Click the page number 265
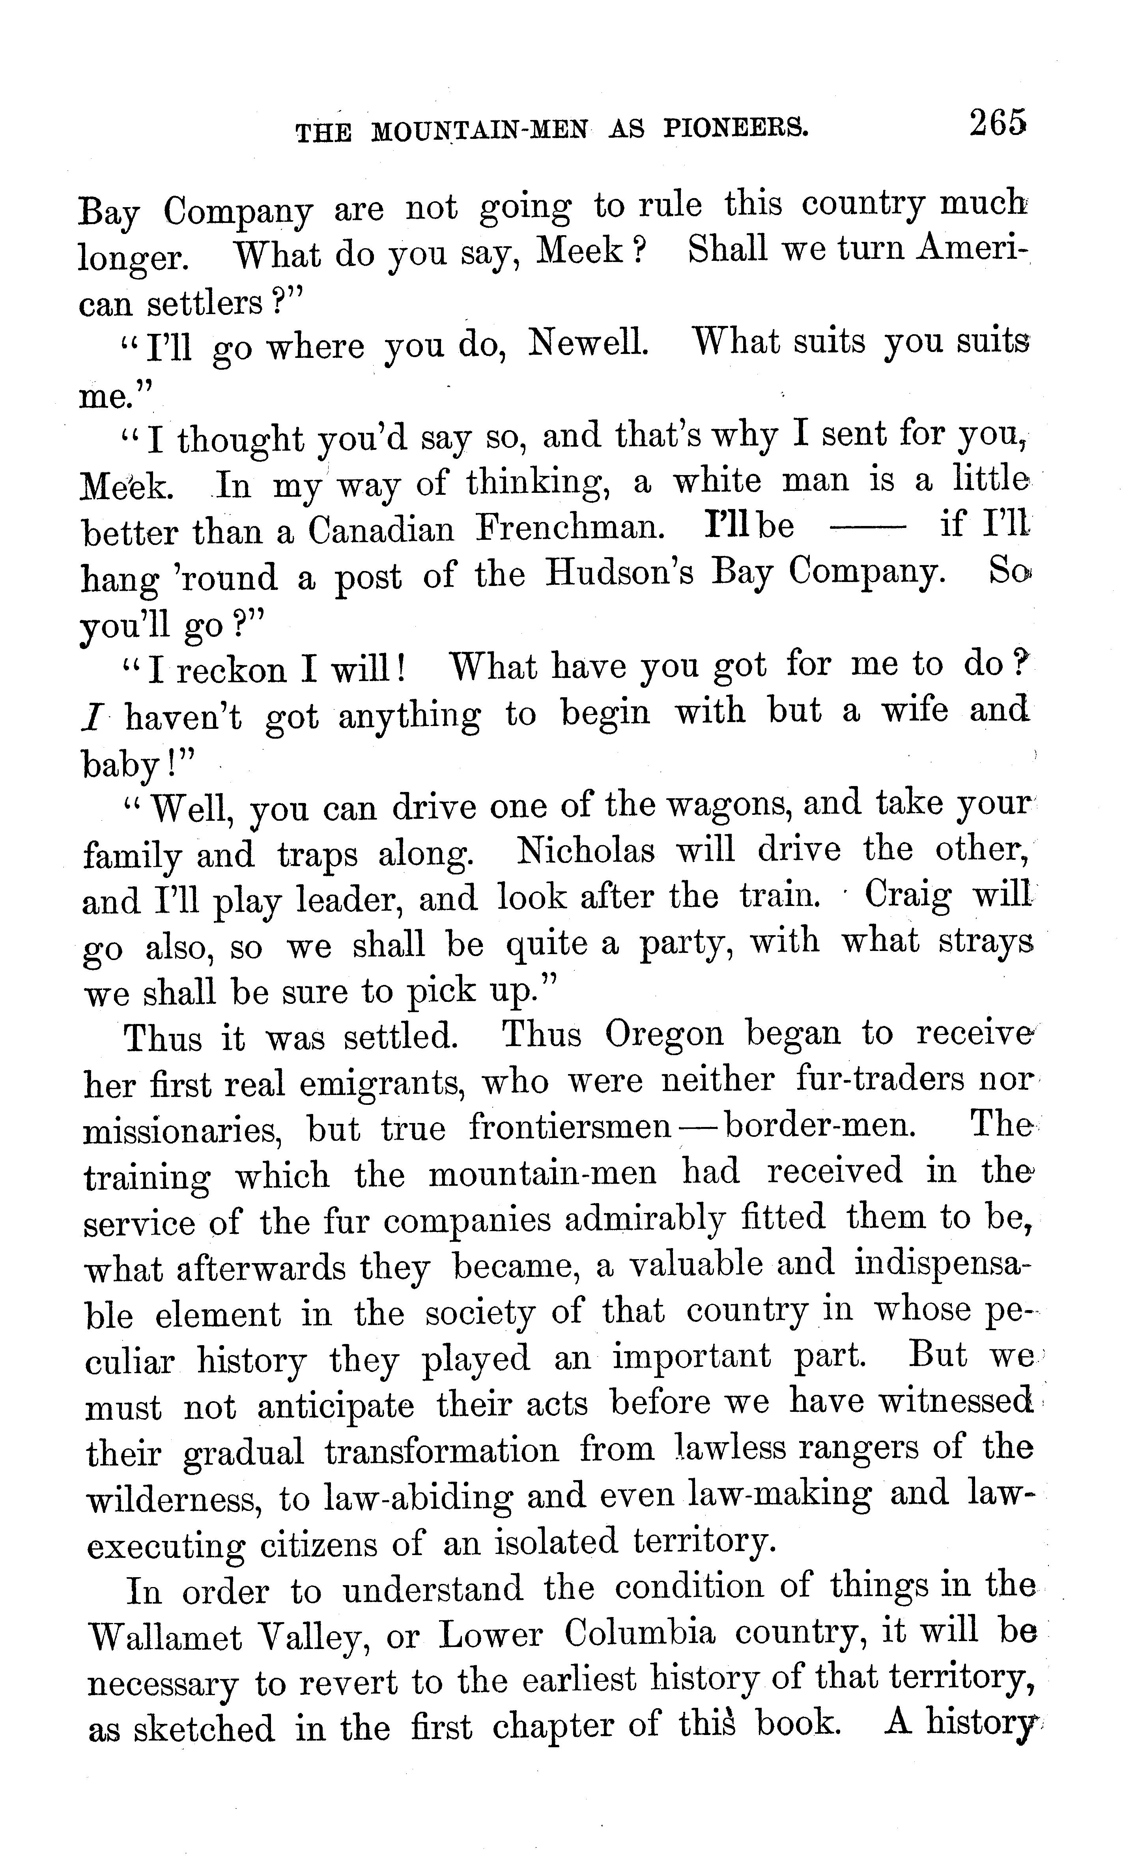pos(998,123)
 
